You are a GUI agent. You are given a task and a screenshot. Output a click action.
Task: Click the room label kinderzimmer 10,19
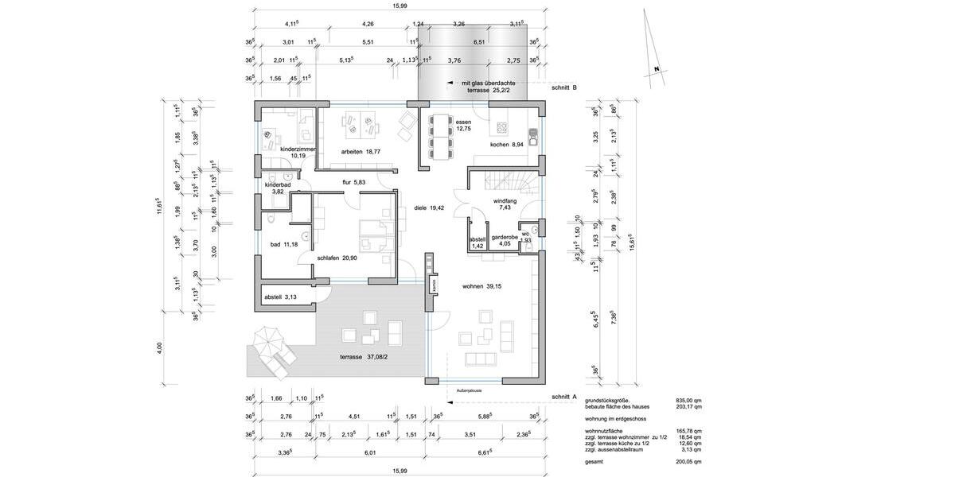tap(298, 152)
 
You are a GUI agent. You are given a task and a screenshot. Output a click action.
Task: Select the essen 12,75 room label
tap(462, 125)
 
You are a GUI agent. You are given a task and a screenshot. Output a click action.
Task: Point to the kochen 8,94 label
tap(506, 145)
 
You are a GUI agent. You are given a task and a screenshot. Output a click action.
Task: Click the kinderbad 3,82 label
tap(278, 188)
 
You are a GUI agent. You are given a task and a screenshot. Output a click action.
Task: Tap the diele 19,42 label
tap(430, 209)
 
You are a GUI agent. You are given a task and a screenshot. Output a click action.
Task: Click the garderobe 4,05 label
tap(505, 241)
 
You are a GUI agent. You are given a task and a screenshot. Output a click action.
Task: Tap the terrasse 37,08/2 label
tap(366, 357)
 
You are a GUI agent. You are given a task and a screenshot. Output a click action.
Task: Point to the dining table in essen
tap(439, 137)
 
